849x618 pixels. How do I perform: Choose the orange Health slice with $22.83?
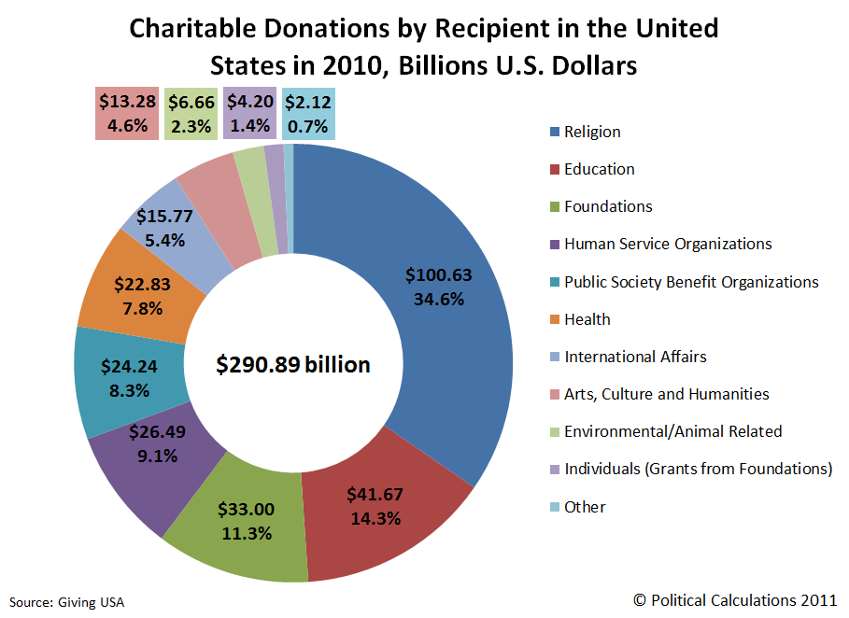[139, 294]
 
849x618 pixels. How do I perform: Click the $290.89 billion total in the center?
[293, 365]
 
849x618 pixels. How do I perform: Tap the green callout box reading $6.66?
[191, 114]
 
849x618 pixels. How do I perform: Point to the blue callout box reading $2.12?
[307, 114]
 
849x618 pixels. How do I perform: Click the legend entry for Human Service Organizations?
[668, 244]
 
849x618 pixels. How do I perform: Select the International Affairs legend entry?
[635, 357]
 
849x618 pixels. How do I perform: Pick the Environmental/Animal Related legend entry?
[672, 431]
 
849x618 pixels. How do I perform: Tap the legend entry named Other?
[585, 507]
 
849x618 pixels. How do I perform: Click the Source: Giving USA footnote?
[67, 602]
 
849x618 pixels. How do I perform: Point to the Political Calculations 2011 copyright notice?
[735, 599]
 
